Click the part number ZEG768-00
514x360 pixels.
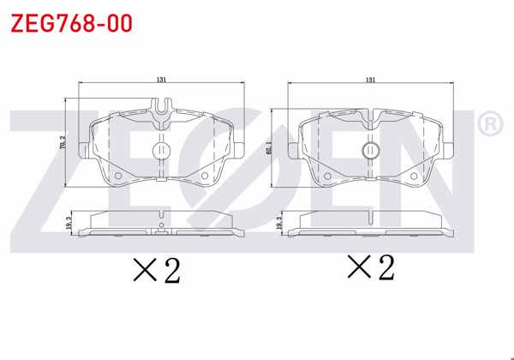[x=71, y=23]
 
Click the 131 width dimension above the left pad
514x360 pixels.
[x=161, y=80]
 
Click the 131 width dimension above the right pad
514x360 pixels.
[x=370, y=80]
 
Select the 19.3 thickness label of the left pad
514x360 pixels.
[x=68, y=225]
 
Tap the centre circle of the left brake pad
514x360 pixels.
[x=160, y=151]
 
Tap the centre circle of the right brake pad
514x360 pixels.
[x=370, y=151]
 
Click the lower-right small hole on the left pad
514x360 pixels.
[x=204, y=177]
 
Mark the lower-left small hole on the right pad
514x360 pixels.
[x=327, y=177]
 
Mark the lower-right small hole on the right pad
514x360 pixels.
[x=414, y=177]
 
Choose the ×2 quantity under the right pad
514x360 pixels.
[x=370, y=268]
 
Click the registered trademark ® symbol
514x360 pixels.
[x=488, y=125]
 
